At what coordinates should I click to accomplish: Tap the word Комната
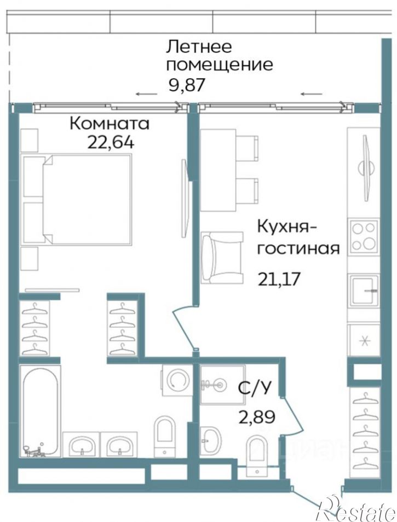click(x=109, y=123)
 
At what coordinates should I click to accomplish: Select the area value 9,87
click(x=188, y=85)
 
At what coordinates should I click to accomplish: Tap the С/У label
click(x=254, y=388)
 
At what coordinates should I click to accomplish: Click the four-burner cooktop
click(x=364, y=235)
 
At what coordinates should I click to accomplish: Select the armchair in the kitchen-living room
click(x=221, y=257)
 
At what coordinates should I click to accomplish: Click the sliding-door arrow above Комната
click(x=145, y=95)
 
